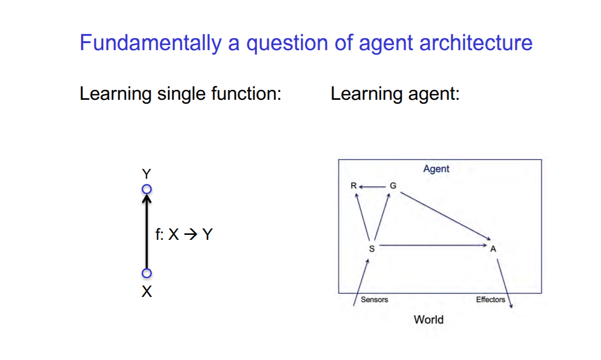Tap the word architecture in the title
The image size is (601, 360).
tap(476, 42)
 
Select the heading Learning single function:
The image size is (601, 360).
tap(180, 94)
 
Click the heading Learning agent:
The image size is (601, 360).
tap(395, 94)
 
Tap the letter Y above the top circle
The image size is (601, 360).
tap(147, 174)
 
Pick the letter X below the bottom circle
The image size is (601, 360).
tap(147, 291)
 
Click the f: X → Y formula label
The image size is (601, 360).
tap(184, 234)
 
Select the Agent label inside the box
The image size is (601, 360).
tap(436, 169)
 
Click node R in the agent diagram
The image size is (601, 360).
tap(354, 186)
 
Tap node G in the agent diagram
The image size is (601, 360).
tap(393, 186)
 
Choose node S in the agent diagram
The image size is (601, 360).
tap(372, 249)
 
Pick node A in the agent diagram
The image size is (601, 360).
tap(493, 249)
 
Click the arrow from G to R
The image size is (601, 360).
tap(373, 187)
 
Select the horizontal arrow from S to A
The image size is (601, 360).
tap(433, 245)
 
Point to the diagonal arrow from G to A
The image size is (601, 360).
tap(446, 216)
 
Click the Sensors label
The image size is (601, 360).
tap(375, 299)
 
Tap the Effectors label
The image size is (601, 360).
tap(490, 299)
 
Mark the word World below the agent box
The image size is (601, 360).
tap(429, 320)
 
